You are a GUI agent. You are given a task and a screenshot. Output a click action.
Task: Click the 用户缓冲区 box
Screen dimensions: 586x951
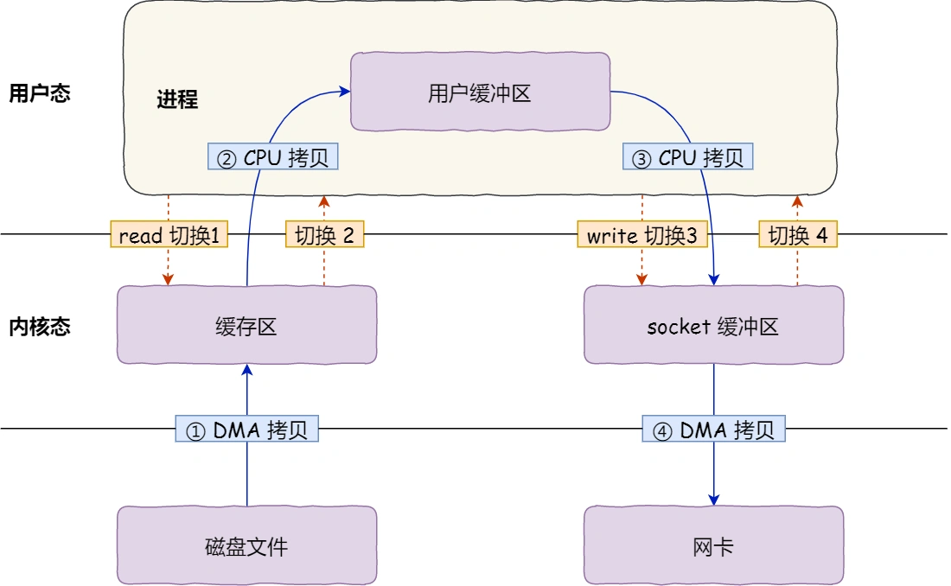pyautogui.click(x=479, y=92)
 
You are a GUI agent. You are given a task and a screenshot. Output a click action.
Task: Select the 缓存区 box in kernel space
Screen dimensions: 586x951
pyautogui.click(x=246, y=326)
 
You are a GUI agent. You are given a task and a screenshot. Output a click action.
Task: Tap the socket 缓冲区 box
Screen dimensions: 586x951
pyautogui.click(x=713, y=326)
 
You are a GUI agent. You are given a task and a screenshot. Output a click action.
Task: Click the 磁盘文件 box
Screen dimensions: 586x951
pyautogui.click(x=246, y=545)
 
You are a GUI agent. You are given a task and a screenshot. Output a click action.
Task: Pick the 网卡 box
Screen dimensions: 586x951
pyautogui.click(x=713, y=545)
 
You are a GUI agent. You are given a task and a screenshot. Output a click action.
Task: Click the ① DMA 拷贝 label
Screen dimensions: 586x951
pyautogui.click(x=247, y=430)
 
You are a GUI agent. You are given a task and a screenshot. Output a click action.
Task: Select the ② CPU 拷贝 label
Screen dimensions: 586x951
pyautogui.click(x=273, y=157)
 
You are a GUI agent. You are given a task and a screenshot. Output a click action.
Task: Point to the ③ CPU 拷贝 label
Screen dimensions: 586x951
pyautogui.click(x=687, y=157)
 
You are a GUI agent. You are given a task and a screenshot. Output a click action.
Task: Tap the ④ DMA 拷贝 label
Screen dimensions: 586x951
pyautogui.click(x=713, y=430)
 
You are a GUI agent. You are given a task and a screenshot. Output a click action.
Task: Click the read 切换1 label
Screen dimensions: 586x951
pyautogui.click(x=169, y=235)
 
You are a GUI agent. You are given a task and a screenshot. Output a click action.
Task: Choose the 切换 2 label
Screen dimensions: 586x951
pyautogui.click(x=324, y=235)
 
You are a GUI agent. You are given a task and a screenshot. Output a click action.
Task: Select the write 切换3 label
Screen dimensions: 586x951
pyautogui.click(x=641, y=235)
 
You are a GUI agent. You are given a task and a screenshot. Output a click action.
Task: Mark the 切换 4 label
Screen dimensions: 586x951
pyautogui.click(x=798, y=235)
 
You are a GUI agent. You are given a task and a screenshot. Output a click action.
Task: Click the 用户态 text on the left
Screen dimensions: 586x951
pyautogui.click(x=39, y=93)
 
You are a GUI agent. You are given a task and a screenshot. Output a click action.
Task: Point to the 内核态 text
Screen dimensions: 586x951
pyautogui.click(x=39, y=327)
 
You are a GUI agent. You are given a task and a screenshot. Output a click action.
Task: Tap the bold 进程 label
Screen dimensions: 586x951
pyautogui.click(x=177, y=99)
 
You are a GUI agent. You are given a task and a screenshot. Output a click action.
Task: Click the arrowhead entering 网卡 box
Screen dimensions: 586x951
pyautogui.click(x=714, y=500)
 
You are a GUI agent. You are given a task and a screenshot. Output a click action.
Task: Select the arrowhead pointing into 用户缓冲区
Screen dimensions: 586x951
pyautogui.click(x=344, y=89)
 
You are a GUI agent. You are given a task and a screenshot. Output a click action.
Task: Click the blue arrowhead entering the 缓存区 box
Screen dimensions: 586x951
pyautogui.click(x=247, y=369)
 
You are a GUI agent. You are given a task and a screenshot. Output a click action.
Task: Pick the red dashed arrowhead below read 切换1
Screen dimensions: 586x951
pyautogui.click(x=169, y=279)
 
